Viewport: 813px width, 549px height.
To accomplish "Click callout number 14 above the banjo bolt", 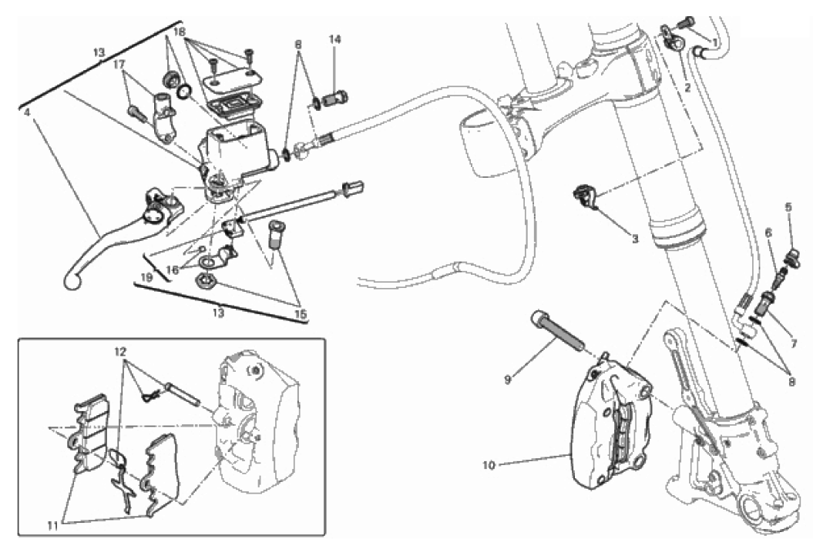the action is coord(334,39).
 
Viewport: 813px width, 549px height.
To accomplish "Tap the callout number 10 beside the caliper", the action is coord(489,465).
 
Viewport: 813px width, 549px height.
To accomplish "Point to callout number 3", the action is coord(635,239).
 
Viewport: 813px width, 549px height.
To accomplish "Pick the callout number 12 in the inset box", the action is coord(120,352).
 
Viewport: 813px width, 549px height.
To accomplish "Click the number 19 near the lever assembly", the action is coord(146,278).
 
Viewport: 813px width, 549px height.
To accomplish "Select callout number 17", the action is coord(119,64).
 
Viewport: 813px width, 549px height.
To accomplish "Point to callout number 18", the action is coord(179,32).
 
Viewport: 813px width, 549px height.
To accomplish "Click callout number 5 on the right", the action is coord(788,207).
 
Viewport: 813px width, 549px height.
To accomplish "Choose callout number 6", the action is coord(768,233).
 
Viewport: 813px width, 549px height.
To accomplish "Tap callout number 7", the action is coord(793,344).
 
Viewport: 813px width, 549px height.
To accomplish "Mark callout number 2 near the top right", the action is coord(687,88).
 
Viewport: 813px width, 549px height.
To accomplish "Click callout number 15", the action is coord(301,314).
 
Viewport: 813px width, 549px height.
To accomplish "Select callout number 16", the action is coord(173,269).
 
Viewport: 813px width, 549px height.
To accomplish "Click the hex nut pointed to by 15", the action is coord(203,283).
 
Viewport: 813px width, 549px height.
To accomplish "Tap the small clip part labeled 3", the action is coord(585,196).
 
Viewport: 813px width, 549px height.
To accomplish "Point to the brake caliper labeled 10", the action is coord(613,427).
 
